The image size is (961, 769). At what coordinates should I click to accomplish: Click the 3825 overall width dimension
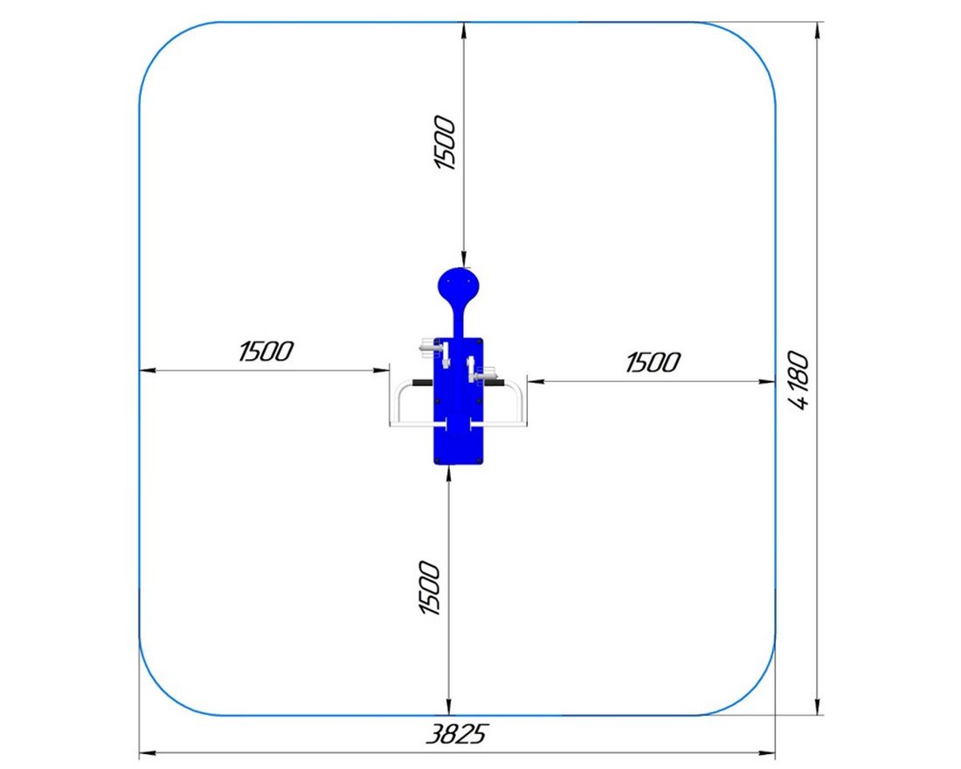[x=457, y=733]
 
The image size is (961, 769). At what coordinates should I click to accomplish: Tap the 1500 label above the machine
[x=445, y=142]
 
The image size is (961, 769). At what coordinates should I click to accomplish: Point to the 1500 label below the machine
[x=429, y=587]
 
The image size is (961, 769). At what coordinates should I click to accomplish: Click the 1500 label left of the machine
[x=266, y=351]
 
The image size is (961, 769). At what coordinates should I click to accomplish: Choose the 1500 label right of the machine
[x=652, y=363]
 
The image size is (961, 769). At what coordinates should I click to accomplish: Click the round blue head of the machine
[x=459, y=286]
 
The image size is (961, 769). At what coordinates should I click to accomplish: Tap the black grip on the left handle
[x=423, y=384]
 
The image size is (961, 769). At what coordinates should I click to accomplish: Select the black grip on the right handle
[x=494, y=384]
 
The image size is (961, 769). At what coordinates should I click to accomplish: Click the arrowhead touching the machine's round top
[x=464, y=260]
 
